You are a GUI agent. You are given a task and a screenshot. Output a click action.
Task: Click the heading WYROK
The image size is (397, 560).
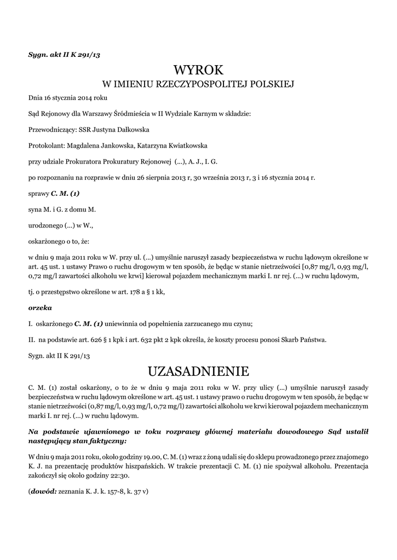199,70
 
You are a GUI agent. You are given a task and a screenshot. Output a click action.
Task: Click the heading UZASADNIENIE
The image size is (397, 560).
199,371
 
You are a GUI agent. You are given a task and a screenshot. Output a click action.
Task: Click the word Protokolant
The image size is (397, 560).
46,145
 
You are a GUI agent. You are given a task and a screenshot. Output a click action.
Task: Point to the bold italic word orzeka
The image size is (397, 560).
40,308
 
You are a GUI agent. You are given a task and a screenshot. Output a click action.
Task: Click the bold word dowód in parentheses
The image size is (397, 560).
43,491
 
